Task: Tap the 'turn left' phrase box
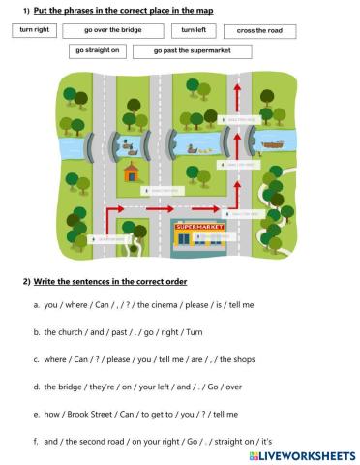(194, 31)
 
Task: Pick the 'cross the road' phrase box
(258, 31)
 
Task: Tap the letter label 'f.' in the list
(35, 440)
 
